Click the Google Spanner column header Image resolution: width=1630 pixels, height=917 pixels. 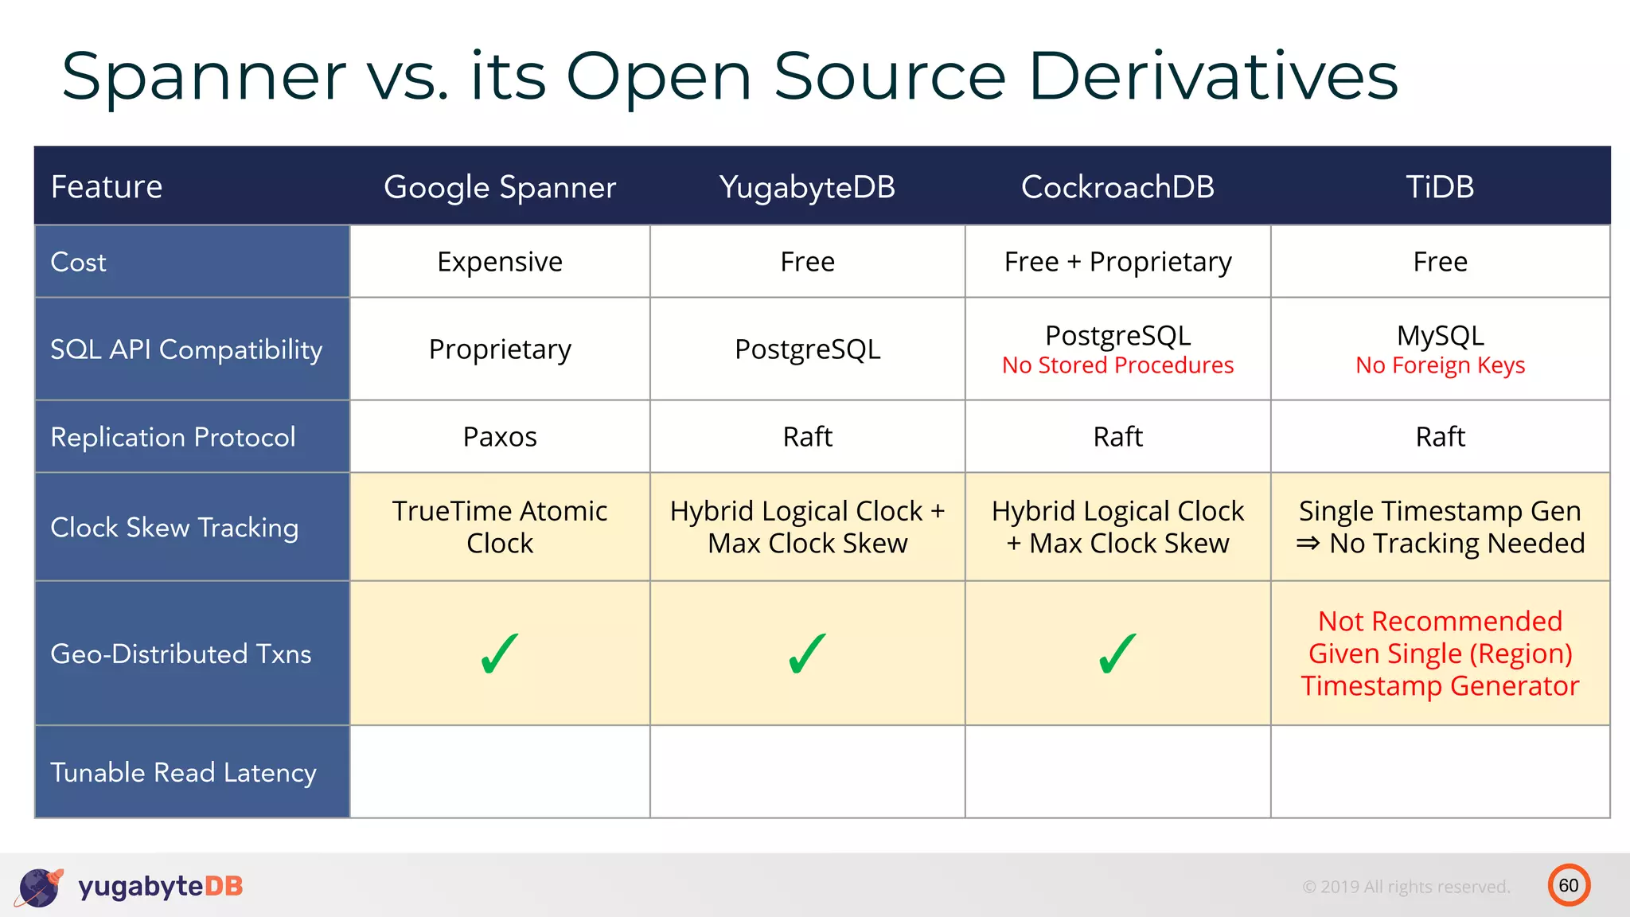(500, 187)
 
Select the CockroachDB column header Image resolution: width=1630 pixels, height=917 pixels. (1117, 187)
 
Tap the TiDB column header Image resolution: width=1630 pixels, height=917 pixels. (1440, 187)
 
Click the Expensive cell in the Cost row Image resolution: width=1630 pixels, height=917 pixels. (500, 262)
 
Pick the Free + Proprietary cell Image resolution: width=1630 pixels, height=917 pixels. (1117, 262)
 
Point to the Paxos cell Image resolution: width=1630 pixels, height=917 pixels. (500, 437)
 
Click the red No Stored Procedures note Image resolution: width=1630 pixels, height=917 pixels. (1117, 365)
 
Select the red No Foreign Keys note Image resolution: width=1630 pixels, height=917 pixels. (1440, 365)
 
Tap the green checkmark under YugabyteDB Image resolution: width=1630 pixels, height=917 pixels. (807, 654)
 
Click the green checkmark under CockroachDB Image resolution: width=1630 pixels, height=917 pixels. (1117, 654)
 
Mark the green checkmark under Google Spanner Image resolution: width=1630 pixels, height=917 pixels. (500, 654)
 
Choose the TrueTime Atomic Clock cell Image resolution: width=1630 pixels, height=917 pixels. (500, 527)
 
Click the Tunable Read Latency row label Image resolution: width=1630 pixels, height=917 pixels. (183, 773)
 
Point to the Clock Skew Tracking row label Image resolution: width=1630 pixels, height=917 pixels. (174, 528)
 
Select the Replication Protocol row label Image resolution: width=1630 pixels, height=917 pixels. (173, 437)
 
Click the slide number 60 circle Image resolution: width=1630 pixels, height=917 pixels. (1569, 885)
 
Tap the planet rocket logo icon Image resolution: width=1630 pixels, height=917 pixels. (39, 887)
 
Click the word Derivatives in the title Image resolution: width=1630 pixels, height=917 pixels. (1213, 76)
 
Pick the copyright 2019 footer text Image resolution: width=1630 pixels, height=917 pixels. (1406, 887)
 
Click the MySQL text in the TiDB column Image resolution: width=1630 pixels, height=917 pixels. (1440, 335)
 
